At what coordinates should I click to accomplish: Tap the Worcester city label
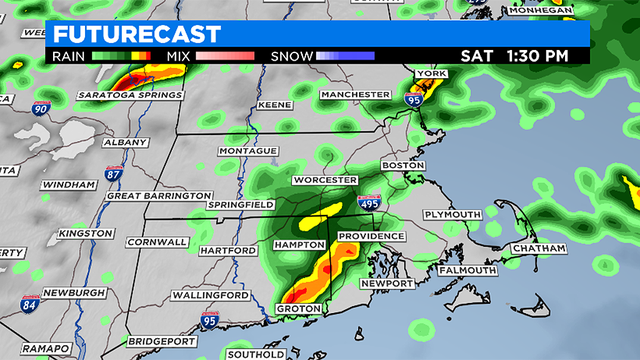click(323, 180)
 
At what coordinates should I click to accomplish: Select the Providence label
click(370, 236)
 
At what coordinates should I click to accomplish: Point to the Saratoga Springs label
click(128, 95)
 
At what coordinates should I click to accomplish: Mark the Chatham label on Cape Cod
click(538, 247)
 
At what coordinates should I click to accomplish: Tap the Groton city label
click(297, 309)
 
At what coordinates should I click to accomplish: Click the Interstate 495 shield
click(369, 203)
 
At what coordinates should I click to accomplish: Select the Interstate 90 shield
click(39, 107)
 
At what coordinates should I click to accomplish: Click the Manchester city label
click(355, 94)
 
